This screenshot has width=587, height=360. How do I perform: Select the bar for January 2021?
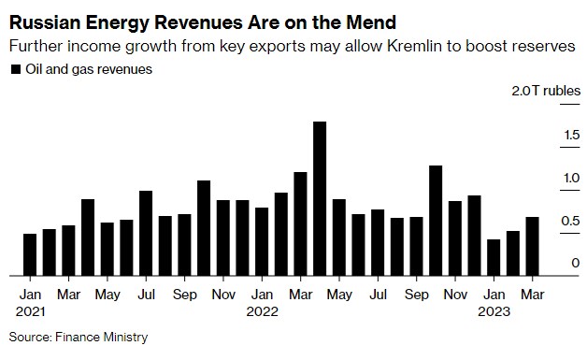tap(30, 254)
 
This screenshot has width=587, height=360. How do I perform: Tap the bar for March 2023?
tap(532, 247)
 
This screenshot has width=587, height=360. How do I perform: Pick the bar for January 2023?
tap(494, 258)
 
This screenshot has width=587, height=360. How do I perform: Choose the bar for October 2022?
tap(436, 221)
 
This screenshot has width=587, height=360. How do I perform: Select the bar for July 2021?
tap(146, 234)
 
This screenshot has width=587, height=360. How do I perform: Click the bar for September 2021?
tap(184, 245)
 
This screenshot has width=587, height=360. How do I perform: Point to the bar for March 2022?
tap(300, 224)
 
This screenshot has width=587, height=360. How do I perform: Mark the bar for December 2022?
tap(474, 236)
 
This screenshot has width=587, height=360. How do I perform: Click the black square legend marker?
tap(15, 68)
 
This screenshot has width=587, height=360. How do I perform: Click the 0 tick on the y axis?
tap(563, 264)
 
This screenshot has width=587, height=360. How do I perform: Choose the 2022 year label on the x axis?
tap(263, 312)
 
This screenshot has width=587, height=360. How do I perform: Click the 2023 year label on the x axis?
tap(494, 312)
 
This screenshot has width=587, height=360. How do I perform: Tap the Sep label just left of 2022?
tap(184, 294)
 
